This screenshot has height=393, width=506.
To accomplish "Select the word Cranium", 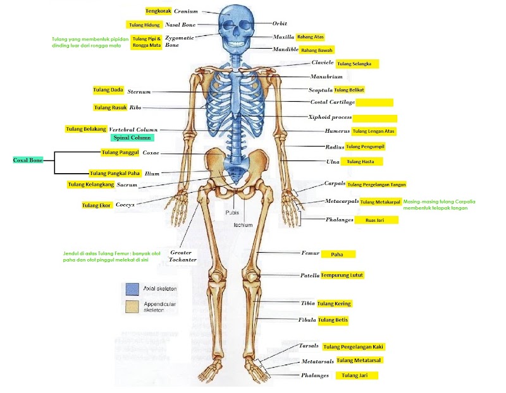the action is click(186, 11).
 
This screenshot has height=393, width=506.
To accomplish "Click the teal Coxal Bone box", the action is click(27, 160).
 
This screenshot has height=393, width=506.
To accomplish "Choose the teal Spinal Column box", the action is click(132, 137).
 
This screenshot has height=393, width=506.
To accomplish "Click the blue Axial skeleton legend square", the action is click(132, 289).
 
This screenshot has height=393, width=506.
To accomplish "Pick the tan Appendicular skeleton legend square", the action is click(132, 307).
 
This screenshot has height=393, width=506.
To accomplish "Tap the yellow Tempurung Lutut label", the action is click(342, 275).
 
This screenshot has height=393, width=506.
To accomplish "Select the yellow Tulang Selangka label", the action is click(357, 64).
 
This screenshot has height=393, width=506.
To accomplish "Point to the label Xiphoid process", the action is click(329, 118).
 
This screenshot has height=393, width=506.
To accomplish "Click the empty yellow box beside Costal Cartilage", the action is click(374, 102).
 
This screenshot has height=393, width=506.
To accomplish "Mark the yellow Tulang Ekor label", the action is click(96, 205).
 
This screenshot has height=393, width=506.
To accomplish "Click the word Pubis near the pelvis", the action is click(233, 213).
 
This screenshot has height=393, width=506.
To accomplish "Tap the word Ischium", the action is click(243, 225).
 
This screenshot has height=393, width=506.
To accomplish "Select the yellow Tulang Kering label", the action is click(334, 304).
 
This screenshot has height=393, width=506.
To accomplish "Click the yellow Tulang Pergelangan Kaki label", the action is click(354, 347).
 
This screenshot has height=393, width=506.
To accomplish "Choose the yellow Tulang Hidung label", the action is click(144, 25).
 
